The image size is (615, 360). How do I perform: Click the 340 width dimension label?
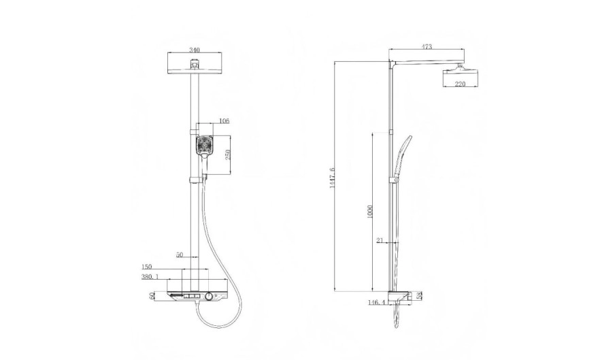(195, 50)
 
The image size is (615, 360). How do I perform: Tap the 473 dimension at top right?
(427, 47)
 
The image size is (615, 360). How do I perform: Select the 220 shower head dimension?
(460, 84)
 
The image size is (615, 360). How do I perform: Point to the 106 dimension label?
(224, 120)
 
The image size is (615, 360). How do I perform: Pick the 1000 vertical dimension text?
(370, 212)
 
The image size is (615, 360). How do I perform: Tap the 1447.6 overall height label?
(333, 178)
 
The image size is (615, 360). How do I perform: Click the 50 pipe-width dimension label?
(179, 255)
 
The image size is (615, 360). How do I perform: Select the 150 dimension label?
(146, 267)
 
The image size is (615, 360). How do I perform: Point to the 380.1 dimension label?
(150, 276)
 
